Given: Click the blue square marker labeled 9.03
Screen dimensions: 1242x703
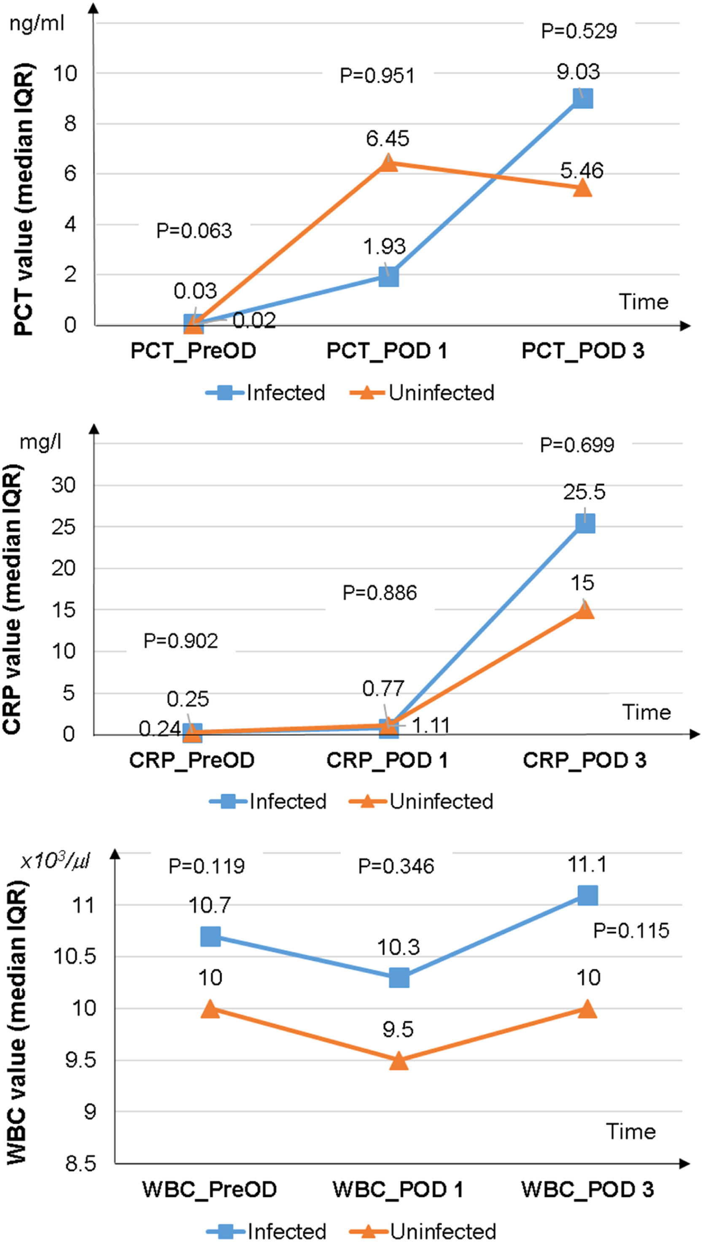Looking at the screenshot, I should tap(582, 98).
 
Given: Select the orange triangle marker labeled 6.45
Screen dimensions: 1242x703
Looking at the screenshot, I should tap(389, 163).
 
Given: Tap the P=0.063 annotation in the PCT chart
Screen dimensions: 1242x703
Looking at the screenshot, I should tap(194, 231).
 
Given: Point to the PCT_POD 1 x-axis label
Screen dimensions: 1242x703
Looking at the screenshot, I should tap(387, 351).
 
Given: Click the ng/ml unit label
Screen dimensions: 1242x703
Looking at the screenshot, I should tap(37, 23).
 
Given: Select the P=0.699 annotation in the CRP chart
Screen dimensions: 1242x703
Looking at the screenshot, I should tap(577, 445).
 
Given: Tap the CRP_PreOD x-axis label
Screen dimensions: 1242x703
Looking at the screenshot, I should tap(192, 760).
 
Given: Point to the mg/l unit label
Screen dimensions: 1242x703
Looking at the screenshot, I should tap(40, 442).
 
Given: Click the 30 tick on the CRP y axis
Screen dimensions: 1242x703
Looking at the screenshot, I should tap(64, 485).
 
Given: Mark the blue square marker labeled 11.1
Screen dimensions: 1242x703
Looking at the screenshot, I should tap(587, 895).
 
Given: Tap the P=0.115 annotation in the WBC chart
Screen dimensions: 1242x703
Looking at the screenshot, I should tap(631, 931).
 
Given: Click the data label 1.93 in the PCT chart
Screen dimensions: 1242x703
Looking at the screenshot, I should tap(384, 247).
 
